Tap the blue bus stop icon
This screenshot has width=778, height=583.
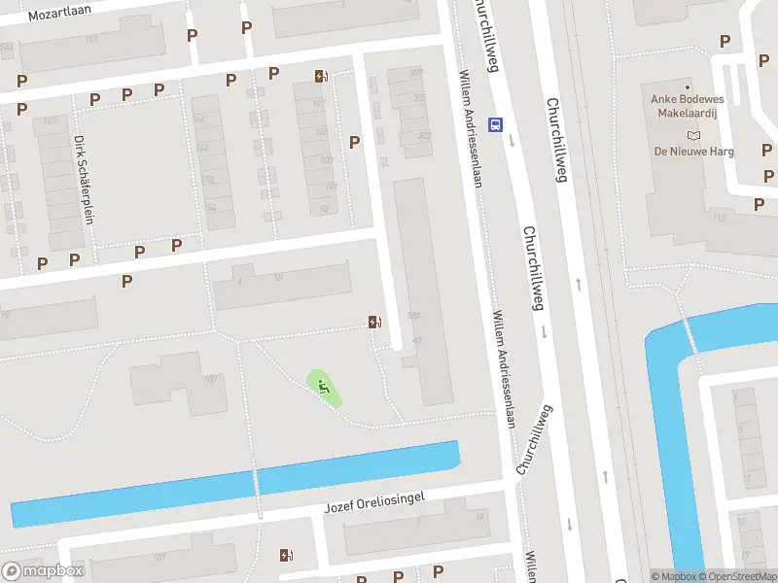[496, 124]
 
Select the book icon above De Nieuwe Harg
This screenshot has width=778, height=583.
[692, 135]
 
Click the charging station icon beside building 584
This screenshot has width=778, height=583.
[374, 322]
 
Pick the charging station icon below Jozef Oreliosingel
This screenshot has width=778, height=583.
[285, 555]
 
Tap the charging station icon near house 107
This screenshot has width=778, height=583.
[321, 76]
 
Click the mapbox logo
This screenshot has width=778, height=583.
[44, 571]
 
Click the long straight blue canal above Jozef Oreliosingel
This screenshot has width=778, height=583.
[233, 484]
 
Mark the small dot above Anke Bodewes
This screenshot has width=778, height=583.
[689, 87]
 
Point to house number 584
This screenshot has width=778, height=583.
[414, 315]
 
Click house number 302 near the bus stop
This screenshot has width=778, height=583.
[424, 136]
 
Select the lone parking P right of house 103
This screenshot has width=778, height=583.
[354, 142]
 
